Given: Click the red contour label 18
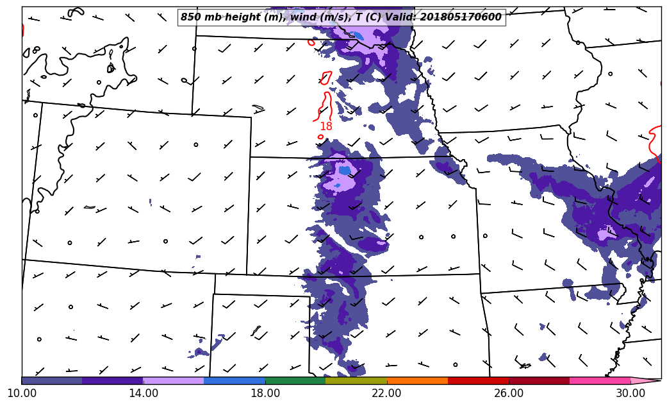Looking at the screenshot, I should (x=326, y=127).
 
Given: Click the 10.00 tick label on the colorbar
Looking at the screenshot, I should (x=21, y=393).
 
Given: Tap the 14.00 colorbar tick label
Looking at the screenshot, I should (x=144, y=393).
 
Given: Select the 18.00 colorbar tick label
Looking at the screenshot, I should (x=265, y=393).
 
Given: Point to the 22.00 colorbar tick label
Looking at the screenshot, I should (x=387, y=393).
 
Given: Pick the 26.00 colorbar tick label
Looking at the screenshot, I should (x=509, y=393).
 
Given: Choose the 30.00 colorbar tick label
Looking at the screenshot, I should (x=630, y=393).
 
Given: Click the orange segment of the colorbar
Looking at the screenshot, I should (x=417, y=380).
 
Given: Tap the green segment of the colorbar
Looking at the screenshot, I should (x=295, y=380).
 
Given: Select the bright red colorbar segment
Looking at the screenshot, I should (x=478, y=380).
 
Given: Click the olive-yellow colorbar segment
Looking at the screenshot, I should (x=356, y=380).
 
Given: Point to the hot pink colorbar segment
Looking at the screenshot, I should (x=600, y=380).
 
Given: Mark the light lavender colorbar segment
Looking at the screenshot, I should (x=174, y=380).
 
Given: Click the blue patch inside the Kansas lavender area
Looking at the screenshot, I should (x=345, y=171).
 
